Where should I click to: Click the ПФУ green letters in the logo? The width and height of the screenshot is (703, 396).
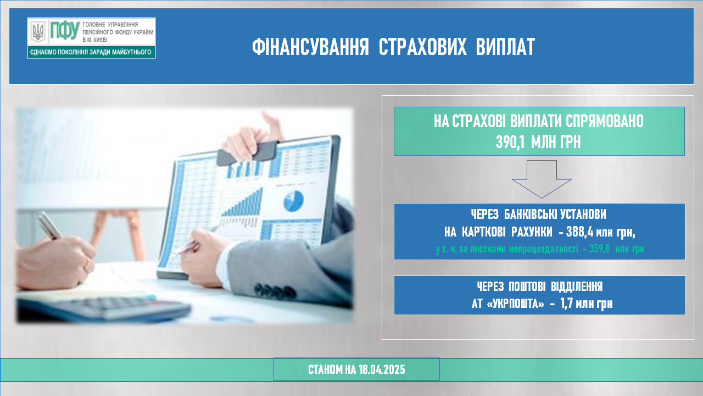[65, 30]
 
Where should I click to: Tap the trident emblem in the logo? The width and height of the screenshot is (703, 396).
[38, 32]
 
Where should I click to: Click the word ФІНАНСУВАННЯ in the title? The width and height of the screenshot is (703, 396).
[310, 47]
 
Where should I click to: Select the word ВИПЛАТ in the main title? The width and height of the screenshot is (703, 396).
[505, 47]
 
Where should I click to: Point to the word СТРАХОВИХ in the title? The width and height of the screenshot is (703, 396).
[422, 47]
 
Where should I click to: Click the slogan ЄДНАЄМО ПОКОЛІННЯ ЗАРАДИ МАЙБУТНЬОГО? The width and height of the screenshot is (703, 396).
[91, 52]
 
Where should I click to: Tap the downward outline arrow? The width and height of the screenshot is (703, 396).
[542, 179]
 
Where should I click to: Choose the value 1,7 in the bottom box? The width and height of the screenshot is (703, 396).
[566, 304]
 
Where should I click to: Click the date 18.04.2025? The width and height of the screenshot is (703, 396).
[382, 370]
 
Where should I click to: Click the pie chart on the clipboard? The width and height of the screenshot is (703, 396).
[293, 201]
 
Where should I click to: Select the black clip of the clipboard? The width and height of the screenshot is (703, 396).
[247, 153]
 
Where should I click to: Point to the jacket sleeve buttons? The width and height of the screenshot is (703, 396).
[275, 291]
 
